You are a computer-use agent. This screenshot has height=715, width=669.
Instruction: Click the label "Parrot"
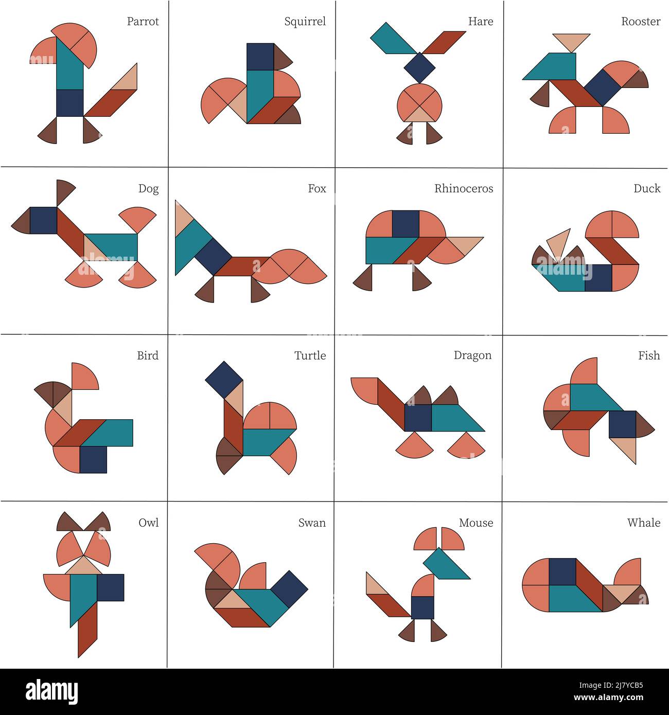(x=143, y=22)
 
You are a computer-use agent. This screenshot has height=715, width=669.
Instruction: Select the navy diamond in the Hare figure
(x=419, y=67)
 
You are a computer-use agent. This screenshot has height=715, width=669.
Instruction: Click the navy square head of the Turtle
(x=224, y=380)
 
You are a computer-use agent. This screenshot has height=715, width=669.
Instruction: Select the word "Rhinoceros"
(x=463, y=189)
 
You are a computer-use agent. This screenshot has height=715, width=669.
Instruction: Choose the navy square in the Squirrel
(x=260, y=57)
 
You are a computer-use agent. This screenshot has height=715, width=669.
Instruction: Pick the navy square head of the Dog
(x=43, y=220)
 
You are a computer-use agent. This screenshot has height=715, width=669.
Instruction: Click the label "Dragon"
(x=472, y=355)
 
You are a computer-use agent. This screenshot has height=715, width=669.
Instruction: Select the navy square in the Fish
(x=622, y=424)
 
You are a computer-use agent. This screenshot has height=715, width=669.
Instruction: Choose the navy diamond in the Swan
(x=289, y=589)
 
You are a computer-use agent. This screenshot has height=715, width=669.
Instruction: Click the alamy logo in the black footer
(x=52, y=692)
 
